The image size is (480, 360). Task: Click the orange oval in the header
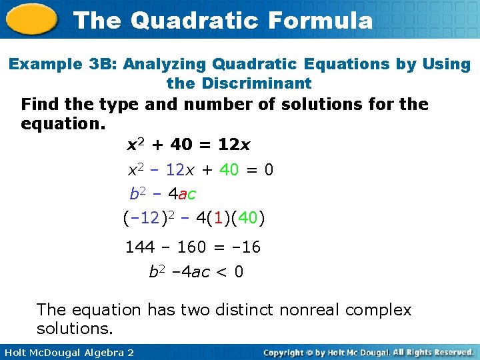tap(31, 20)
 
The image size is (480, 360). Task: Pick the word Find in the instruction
tap(39, 105)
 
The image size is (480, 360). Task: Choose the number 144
tap(140, 247)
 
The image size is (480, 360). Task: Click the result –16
tap(245, 247)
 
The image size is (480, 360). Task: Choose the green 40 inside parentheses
tap(247, 218)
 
